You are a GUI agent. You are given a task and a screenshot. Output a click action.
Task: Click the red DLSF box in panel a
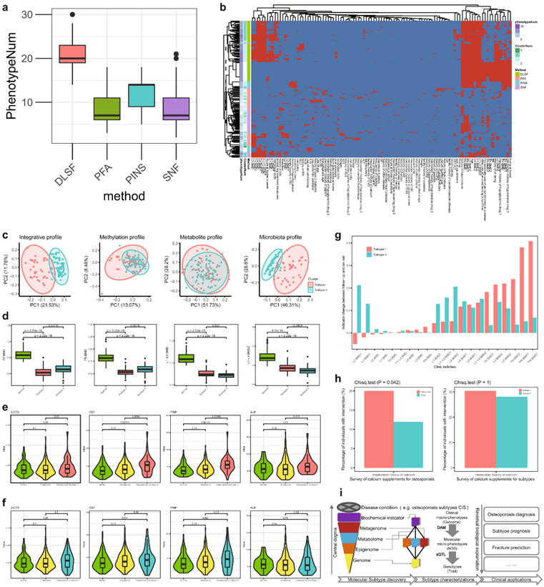click(x=72, y=54)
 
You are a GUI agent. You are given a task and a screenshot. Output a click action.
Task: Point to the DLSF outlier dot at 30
click(x=72, y=14)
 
